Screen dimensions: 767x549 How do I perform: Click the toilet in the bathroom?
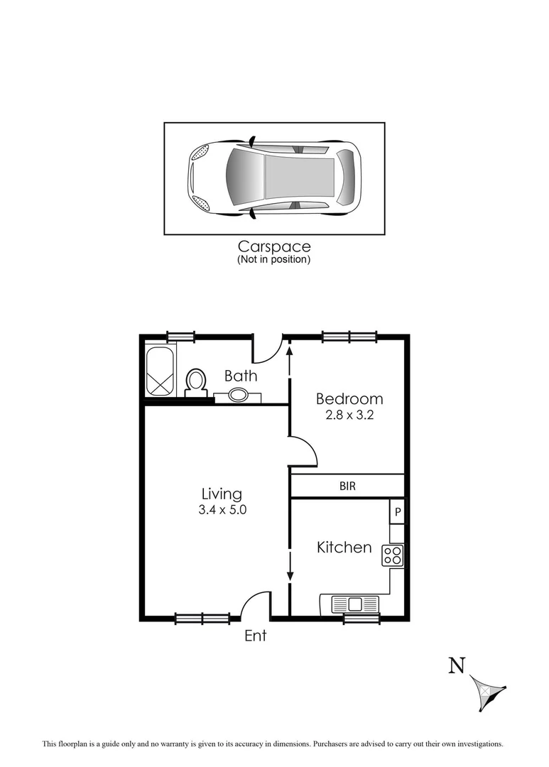point(195,381)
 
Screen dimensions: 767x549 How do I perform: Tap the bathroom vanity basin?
point(239,395)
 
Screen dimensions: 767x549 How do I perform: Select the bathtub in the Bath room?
point(160,371)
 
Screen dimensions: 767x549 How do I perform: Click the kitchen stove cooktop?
point(393,555)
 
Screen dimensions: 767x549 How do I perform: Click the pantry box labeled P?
point(397,511)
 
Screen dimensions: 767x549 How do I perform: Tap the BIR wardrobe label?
point(347,486)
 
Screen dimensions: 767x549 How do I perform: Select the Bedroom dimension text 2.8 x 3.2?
point(349,415)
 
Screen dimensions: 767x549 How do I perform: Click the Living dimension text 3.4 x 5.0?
point(222,509)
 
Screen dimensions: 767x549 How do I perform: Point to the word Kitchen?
point(344,548)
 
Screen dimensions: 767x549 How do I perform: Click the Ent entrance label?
point(255,636)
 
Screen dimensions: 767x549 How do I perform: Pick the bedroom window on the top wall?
point(349,337)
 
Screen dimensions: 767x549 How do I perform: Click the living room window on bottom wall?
point(202,619)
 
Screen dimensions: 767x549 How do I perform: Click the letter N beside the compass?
point(457,665)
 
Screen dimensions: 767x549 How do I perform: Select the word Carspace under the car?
point(274,246)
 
